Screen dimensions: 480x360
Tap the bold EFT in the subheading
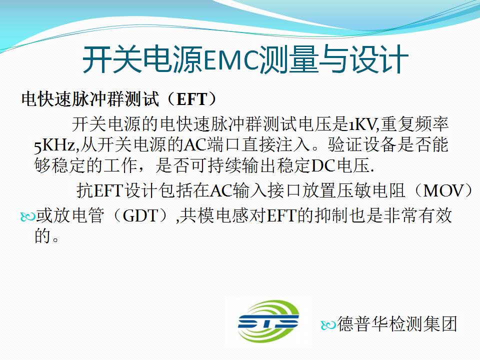pos(192,99)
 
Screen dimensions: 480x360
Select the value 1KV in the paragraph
pos(362,124)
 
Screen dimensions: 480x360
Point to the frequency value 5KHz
pos(54,145)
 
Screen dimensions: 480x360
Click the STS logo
pos(268,321)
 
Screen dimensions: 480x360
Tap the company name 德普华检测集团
pos(397,324)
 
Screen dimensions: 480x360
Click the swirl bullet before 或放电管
pos(27,216)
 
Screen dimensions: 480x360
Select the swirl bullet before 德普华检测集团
pos(328,325)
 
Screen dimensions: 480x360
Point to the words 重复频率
pos(414,124)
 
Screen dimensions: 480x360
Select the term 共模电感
pos(214,216)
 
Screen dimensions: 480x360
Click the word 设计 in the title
pos(379,60)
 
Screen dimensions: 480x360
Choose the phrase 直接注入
pos(275,145)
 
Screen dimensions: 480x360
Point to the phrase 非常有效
pos(418,216)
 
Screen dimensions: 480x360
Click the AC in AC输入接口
pos(221,190)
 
